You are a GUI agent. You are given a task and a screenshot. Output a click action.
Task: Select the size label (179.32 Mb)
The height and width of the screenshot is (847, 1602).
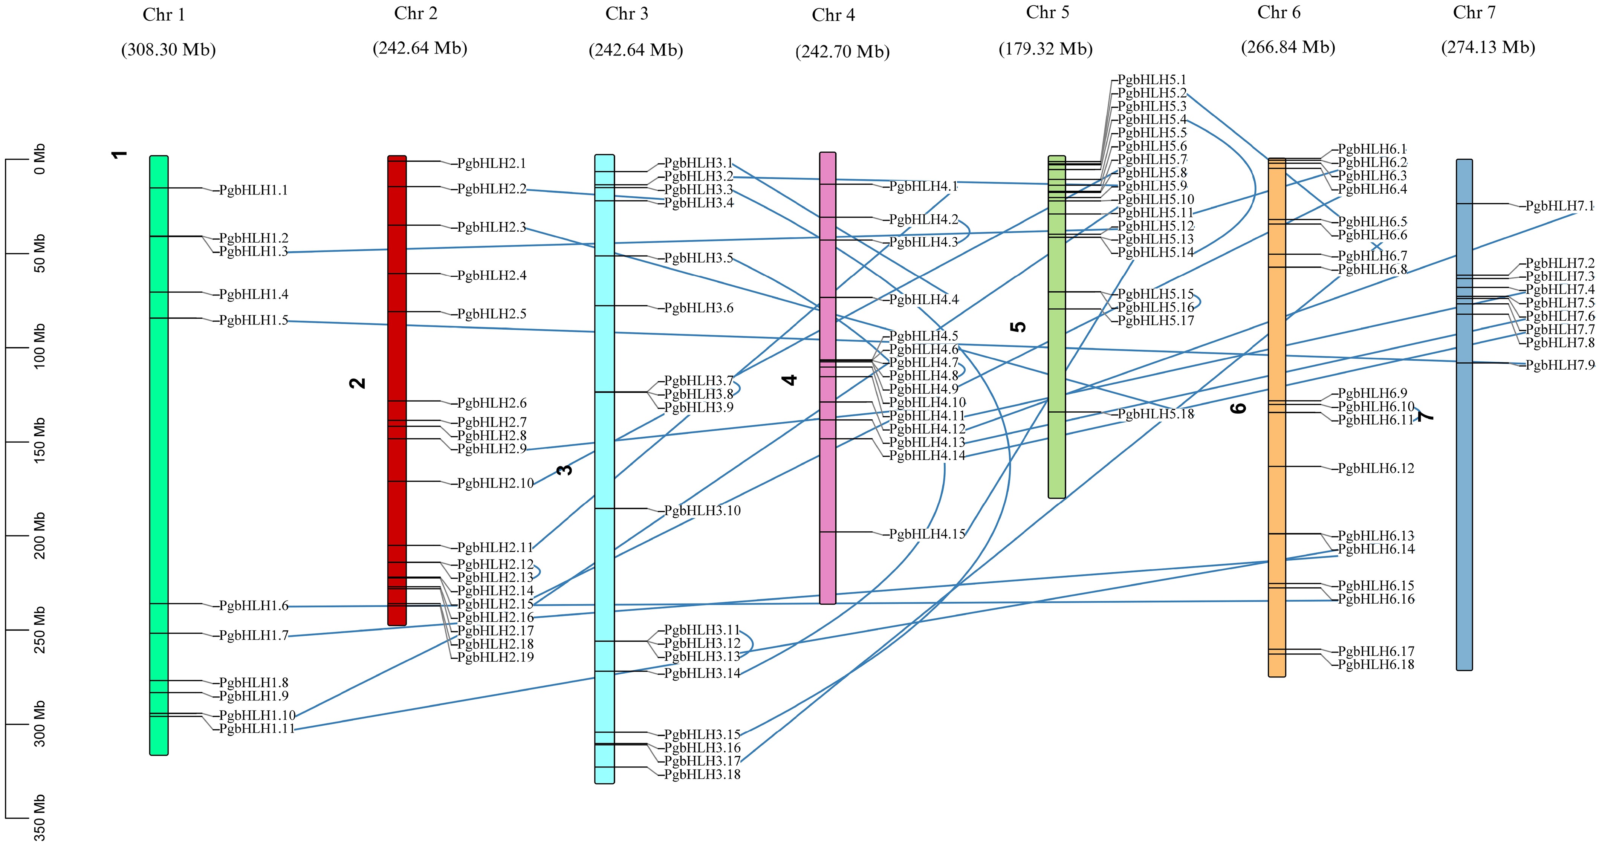pos(1046,49)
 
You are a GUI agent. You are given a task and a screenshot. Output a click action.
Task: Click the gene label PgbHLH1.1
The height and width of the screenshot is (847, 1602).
pos(254,190)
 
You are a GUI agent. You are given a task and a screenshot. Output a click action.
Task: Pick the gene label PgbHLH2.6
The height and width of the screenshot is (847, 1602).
pos(492,403)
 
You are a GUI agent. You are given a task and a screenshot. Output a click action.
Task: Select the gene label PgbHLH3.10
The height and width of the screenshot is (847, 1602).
pos(702,511)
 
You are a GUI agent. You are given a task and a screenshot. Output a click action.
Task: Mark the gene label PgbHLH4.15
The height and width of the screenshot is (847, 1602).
pos(927,534)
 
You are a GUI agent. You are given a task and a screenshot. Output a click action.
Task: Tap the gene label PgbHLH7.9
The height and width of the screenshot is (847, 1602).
pos(1560,365)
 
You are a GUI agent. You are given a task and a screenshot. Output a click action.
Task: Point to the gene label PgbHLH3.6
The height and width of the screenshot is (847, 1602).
pos(699,308)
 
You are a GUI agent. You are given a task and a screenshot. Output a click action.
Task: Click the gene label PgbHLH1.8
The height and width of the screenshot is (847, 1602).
pos(254,683)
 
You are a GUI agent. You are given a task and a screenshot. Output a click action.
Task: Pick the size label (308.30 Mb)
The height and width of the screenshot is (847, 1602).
pos(168,50)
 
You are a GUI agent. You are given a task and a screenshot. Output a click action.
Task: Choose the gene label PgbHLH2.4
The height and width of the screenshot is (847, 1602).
pos(492,275)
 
